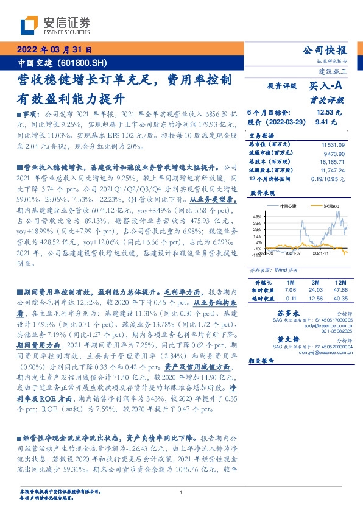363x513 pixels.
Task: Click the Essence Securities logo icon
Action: [x=31, y=24]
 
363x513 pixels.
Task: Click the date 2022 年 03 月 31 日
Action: [x=53, y=50]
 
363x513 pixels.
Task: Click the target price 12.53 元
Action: [x=329, y=113]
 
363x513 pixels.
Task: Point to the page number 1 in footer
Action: [x=181, y=492]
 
